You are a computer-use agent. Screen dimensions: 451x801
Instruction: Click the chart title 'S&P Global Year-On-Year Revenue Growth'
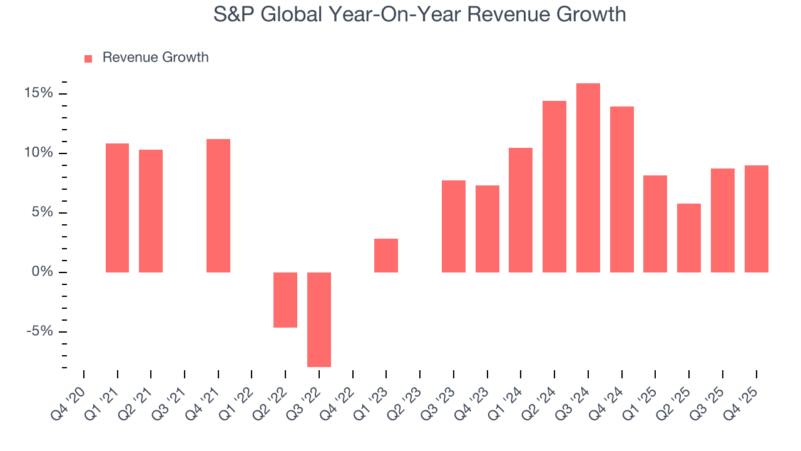[x=419, y=14]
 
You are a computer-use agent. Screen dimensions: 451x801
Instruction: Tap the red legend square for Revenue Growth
[x=88, y=58]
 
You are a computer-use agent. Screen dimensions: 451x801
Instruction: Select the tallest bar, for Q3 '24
[x=588, y=178]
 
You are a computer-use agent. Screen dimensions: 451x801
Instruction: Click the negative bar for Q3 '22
[x=319, y=319]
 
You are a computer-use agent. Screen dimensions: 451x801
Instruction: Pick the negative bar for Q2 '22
[x=285, y=300]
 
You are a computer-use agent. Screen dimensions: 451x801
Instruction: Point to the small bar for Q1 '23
[x=386, y=256]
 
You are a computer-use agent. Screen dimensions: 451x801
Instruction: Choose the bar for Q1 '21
[x=117, y=208]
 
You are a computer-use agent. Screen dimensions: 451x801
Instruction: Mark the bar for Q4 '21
[x=218, y=205]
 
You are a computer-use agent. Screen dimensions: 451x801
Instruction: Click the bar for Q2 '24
[x=554, y=187]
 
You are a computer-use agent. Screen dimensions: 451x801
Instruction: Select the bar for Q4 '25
[x=757, y=219]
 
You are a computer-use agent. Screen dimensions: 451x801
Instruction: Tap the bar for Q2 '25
[x=689, y=238]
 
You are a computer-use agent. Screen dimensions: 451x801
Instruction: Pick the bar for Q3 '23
[x=454, y=226]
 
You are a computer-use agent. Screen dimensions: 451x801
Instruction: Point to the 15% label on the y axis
[x=39, y=93]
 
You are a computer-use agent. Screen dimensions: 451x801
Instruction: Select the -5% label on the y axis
[x=40, y=331]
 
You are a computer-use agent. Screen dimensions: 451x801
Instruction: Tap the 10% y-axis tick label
[x=39, y=153]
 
